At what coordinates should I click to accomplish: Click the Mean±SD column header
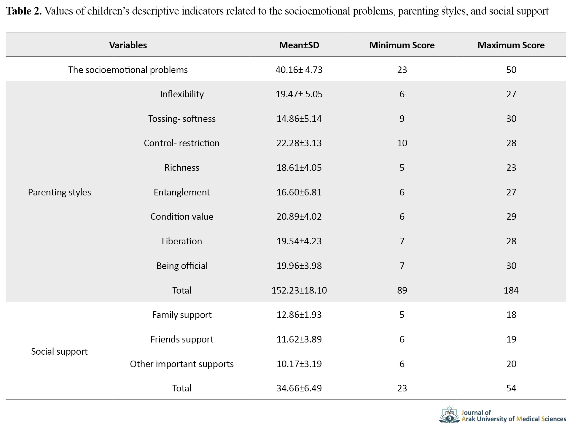coord(299,45)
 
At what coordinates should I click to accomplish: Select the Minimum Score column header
coord(402,45)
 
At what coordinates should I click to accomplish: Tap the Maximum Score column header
coord(511,45)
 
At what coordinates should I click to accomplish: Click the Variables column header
coord(128,45)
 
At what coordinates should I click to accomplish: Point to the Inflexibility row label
coord(182,94)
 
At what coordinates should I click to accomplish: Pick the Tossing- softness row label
coord(182,119)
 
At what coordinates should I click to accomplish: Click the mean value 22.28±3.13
coord(299,143)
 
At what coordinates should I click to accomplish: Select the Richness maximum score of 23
coord(511,168)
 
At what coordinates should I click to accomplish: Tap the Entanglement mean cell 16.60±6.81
coord(299,192)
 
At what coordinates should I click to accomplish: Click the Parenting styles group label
coord(59,192)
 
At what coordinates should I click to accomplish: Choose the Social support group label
coord(59,351)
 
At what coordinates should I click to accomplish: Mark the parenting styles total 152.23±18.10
coord(299,290)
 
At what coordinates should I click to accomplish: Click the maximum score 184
coord(511,290)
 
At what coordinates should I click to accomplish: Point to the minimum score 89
coord(402,290)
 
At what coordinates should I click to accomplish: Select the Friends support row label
coord(182,339)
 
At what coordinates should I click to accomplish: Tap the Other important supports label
coord(182,364)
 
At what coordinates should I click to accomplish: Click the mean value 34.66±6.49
coord(299,388)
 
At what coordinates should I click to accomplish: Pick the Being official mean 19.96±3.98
coord(299,266)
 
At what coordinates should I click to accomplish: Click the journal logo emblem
coord(450,415)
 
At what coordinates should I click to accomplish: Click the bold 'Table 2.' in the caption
coord(24,11)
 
